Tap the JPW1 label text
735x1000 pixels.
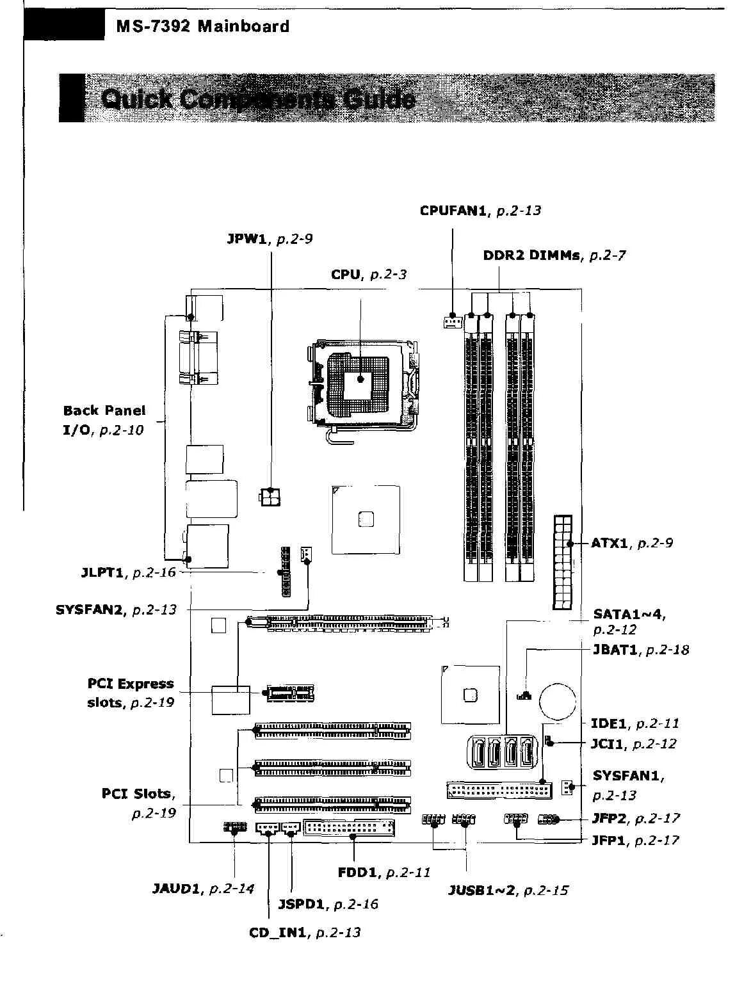(x=246, y=239)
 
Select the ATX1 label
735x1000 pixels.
(x=609, y=544)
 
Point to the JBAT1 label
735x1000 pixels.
(x=615, y=650)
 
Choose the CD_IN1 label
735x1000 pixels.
(x=279, y=932)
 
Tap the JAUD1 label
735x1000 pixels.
(x=177, y=889)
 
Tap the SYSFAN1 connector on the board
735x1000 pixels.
(x=567, y=787)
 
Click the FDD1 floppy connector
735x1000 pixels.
(x=350, y=828)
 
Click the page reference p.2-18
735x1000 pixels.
(x=668, y=650)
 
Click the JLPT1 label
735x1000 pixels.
(x=102, y=572)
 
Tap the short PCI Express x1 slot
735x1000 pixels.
(x=291, y=692)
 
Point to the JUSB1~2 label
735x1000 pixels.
(x=481, y=891)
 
